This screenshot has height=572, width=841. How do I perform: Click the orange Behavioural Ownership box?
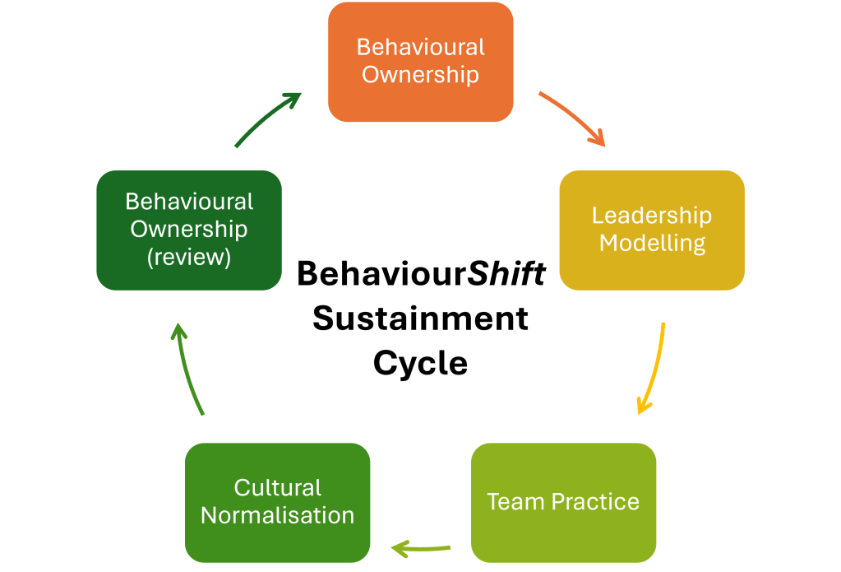(x=420, y=62)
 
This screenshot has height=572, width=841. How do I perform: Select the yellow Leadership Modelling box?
(x=652, y=230)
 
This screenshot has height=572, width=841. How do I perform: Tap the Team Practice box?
(x=563, y=501)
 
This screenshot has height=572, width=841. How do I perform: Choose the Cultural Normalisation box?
(x=277, y=501)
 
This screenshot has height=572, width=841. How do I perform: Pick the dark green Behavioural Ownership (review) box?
(x=188, y=230)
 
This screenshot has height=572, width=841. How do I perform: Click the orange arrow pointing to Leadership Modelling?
(x=572, y=119)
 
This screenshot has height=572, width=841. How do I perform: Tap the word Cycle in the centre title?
(x=420, y=362)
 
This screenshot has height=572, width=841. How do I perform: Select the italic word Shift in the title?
(x=506, y=274)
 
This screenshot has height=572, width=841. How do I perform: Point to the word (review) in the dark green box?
(x=188, y=257)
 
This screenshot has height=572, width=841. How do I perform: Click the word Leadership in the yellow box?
(x=652, y=216)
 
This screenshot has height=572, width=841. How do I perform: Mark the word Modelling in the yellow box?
(x=652, y=244)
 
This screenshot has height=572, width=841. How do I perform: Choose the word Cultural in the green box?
(x=277, y=487)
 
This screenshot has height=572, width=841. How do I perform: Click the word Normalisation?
(x=277, y=516)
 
